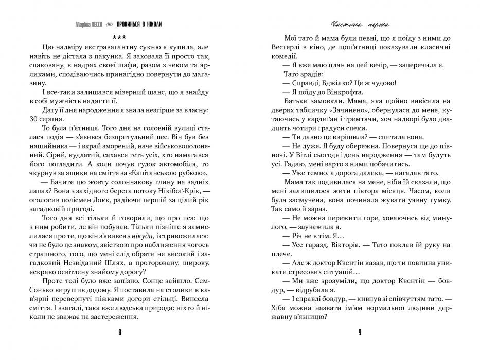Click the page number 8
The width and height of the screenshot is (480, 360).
tap(119, 332)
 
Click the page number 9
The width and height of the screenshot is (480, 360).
tap(360, 332)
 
